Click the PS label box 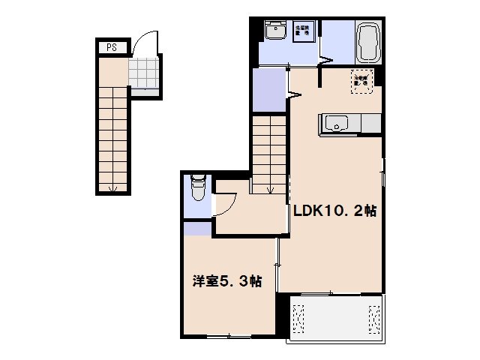click(111, 47)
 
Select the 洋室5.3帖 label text click(227, 282)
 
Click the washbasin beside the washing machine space click(276, 32)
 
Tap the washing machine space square click(304, 34)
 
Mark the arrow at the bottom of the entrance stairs click(112, 187)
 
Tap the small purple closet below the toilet click(197, 229)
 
